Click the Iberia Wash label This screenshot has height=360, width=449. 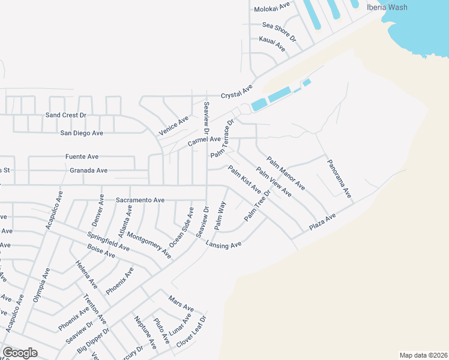387,7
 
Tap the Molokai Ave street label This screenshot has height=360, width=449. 272,7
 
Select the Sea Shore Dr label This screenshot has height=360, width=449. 280,31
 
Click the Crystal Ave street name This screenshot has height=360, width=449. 237,92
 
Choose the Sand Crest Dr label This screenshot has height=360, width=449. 66,115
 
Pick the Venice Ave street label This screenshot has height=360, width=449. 173,125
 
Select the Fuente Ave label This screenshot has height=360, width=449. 82,157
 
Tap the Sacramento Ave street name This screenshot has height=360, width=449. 140,200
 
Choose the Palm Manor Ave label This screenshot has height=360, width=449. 286,173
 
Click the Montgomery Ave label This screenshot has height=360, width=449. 149,245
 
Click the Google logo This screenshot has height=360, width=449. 20,353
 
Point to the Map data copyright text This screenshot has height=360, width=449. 423,355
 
